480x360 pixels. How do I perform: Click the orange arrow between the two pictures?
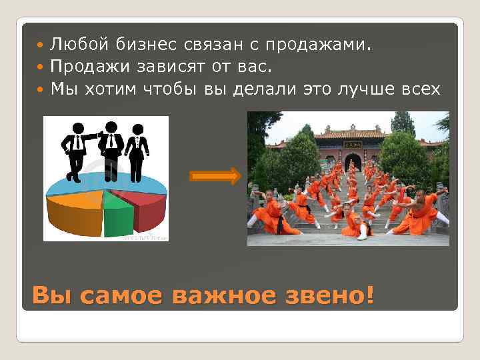(215, 177)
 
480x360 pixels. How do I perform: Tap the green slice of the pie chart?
(117, 215)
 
